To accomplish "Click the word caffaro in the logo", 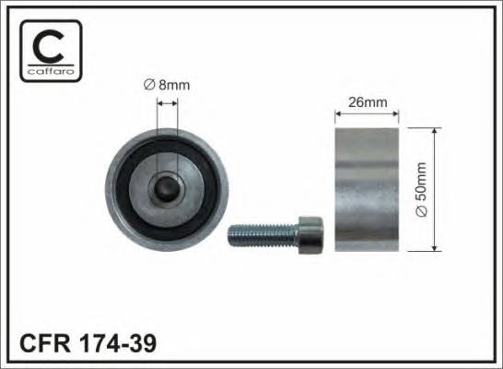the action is coord(51,71).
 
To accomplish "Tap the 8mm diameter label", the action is coord(167,85).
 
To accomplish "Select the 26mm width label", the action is coord(368,102).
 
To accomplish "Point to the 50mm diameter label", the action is coord(422,189).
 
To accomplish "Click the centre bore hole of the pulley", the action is coord(167,189).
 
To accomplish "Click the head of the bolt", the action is coord(310,235).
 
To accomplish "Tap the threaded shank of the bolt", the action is coord(263,235).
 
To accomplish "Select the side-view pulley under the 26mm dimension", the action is coord(367,189).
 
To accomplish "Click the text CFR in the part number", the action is coord(45,343).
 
